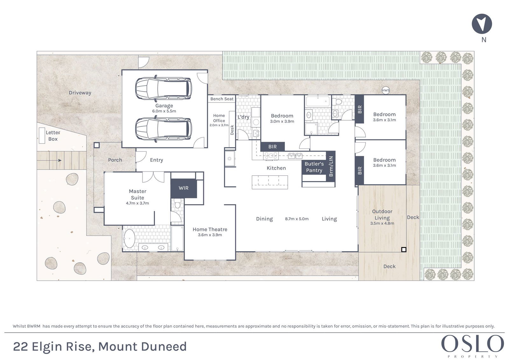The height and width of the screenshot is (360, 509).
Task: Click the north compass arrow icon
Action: click(482, 24)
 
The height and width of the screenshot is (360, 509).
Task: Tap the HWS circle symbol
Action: click(386, 90)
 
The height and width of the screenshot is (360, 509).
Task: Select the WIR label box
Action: click(184, 188)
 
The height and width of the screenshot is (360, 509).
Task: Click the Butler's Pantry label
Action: click(314, 167)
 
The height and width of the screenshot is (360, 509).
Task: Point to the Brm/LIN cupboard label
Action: click(331, 166)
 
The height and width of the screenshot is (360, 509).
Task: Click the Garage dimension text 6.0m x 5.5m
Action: click(164, 111)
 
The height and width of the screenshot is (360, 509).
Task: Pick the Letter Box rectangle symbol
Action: click(42, 136)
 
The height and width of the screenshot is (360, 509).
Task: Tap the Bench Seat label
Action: click(222, 99)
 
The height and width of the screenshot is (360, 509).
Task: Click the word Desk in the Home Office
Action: click(232, 130)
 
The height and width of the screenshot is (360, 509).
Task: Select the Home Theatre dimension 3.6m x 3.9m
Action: click(210, 235)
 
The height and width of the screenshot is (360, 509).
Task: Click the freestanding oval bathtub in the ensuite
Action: click(129, 238)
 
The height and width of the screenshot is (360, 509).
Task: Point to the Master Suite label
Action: click(137, 194)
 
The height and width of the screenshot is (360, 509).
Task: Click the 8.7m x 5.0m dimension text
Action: click(297, 219)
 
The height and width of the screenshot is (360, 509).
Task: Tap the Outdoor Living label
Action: click(382, 215)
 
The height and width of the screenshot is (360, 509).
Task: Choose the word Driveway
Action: click(80, 93)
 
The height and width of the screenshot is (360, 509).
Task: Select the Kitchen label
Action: click(276, 168)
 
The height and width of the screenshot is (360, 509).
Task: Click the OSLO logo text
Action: click(473, 344)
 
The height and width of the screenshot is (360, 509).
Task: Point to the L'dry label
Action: click(243, 117)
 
